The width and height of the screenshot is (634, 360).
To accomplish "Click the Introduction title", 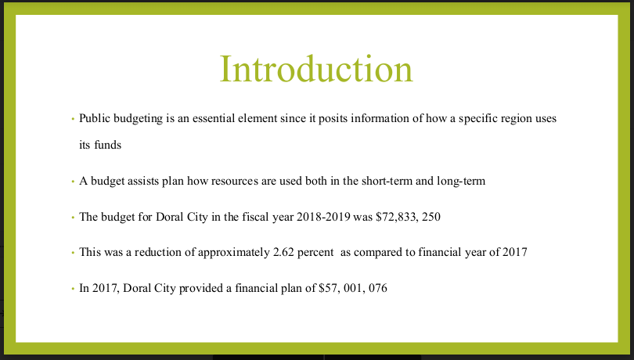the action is coord(316,69).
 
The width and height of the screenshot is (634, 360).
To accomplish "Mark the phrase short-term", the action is coord(387,181).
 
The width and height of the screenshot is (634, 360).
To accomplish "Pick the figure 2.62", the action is coord(283,252).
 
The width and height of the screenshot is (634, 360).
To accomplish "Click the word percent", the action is coord(315,253).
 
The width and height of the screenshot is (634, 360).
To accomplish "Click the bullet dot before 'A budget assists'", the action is coord(73,182).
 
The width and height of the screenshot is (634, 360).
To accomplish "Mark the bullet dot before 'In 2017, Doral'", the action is coord(73,289).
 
